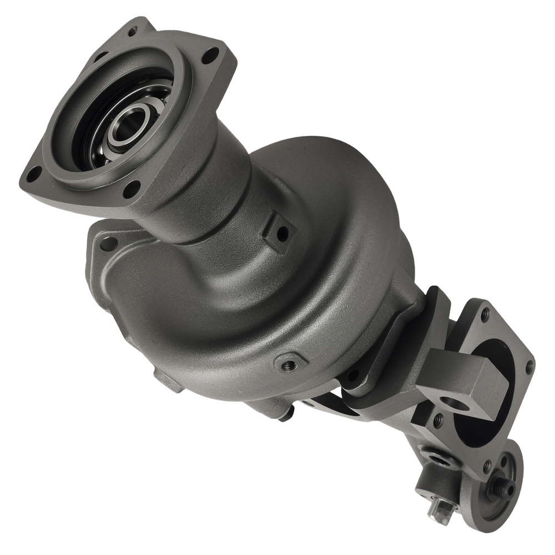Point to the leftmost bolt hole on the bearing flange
pyautogui.click(x=32, y=171)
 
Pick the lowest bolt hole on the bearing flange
pyautogui.click(x=132, y=190)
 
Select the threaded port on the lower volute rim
pyautogui.click(x=289, y=365)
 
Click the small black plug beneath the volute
pyautogui.click(x=286, y=413)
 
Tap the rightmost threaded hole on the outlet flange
pyautogui.click(x=529, y=366)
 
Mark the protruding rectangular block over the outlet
pyautogui.click(x=463, y=383)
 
